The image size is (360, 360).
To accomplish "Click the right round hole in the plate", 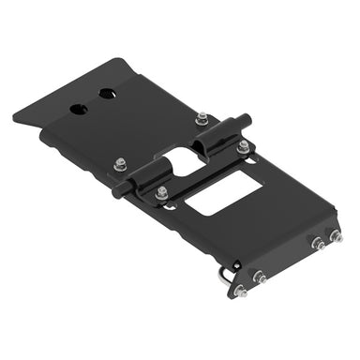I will (x=107, y=95).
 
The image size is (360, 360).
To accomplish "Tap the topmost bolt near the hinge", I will (x=202, y=118).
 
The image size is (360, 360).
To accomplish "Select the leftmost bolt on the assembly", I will (x=120, y=165).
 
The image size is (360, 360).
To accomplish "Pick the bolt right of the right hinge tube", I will (x=244, y=145).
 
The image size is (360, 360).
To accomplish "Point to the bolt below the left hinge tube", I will (x=162, y=192).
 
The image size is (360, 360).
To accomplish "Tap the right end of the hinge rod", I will (x=248, y=117).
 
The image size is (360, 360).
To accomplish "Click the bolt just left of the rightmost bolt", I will (x=318, y=243).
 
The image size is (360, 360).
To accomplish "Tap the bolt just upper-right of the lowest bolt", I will (x=260, y=278).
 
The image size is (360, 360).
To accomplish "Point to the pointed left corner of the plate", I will (x=15, y=119).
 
